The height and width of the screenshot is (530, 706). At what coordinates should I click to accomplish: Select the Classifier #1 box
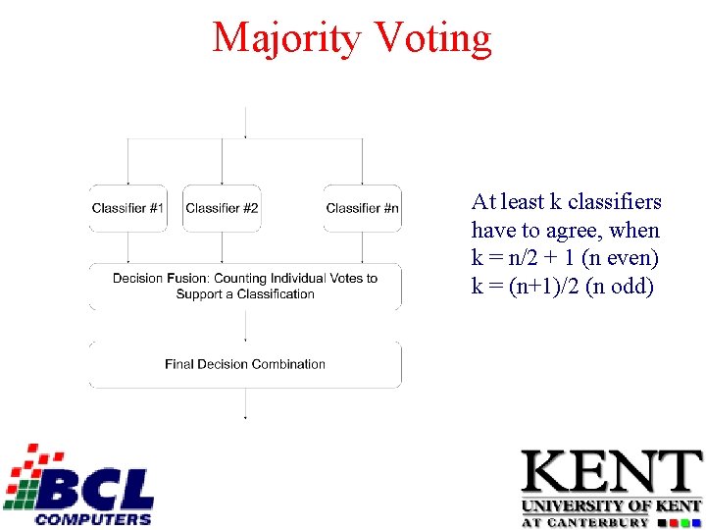128,208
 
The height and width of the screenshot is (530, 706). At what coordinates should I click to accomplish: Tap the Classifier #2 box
223,208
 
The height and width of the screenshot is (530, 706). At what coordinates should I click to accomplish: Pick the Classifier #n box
362,208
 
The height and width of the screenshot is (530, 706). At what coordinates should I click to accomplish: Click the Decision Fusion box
245,287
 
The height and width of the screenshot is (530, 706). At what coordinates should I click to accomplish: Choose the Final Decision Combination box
245,364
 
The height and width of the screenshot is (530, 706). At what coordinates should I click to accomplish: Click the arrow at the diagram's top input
245,123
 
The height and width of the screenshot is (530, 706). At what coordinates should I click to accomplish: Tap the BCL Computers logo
78,485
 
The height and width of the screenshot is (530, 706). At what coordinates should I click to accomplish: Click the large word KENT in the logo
611,473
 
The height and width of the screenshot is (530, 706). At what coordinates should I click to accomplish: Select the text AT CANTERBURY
584,522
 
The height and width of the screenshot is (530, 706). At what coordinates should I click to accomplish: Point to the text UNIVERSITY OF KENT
611,506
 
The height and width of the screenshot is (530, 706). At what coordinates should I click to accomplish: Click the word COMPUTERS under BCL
93,518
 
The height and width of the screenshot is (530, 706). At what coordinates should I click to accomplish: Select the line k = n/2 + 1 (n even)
565,259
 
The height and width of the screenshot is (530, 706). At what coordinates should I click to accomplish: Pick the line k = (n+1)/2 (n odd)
562,288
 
